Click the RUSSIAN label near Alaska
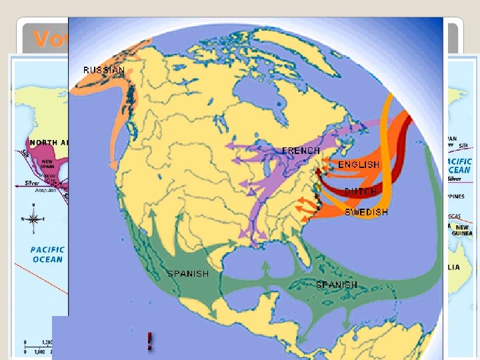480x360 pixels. click(103, 70)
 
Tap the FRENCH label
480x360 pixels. click(301, 151)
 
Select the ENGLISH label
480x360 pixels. click(358, 165)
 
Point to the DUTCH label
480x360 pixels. click(361, 191)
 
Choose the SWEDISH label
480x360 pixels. click(366, 213)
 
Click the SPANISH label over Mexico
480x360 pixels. click(187, 274)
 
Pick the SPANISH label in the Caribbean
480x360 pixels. click(336, 285)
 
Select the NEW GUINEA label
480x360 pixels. click(462, 231)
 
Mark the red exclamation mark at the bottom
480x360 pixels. click(151, 341)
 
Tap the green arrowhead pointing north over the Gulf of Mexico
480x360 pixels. click(266, 265)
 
